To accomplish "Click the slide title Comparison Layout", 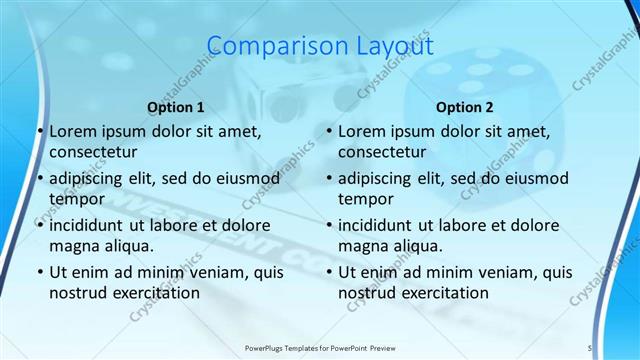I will click(x=319, y=46).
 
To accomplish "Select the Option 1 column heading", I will click(x=176, y=107).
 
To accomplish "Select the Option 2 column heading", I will click(x=465, y=107).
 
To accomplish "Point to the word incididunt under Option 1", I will click(x=90, y=225).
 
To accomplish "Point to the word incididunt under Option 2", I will click(x=379, y=225).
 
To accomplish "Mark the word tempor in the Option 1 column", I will click(x=76, y=199).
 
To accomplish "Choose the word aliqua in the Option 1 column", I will click(x=127, y=246).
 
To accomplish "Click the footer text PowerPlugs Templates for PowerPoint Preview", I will click(x=319, y=348).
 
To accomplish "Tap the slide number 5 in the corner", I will click(x=590, y=348).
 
